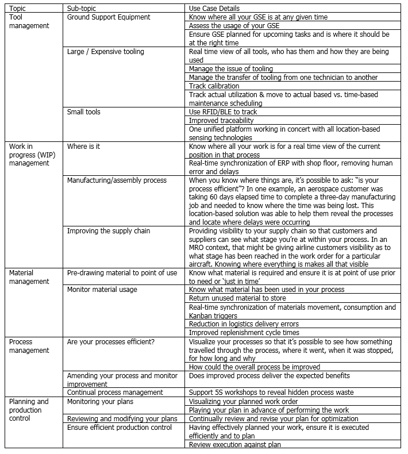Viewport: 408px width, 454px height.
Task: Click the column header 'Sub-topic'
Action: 84,8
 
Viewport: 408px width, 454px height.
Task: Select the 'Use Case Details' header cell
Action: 214,8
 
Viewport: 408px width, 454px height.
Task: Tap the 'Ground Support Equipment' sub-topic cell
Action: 109,17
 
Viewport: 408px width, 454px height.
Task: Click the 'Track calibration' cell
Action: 214,86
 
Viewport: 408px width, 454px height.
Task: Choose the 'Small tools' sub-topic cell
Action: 84,111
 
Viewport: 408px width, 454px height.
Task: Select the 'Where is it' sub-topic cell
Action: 84,147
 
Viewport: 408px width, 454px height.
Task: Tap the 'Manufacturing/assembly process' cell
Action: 117,180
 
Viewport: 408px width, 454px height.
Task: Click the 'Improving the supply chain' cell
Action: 109,231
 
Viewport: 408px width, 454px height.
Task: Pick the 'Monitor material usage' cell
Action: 102,290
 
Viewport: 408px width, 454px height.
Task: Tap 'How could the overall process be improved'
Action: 255,367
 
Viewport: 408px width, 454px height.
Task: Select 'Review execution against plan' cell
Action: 236,444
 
